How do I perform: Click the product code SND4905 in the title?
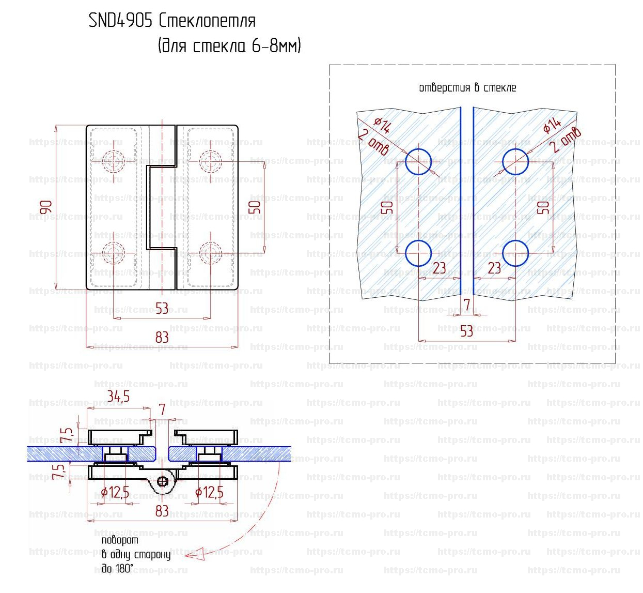coord(120,21)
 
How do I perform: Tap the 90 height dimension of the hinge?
coord(46,207)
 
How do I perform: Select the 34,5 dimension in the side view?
coord(118,397)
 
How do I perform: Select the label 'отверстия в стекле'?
coord(468,87)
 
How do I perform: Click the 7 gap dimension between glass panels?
coord(467,305)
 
